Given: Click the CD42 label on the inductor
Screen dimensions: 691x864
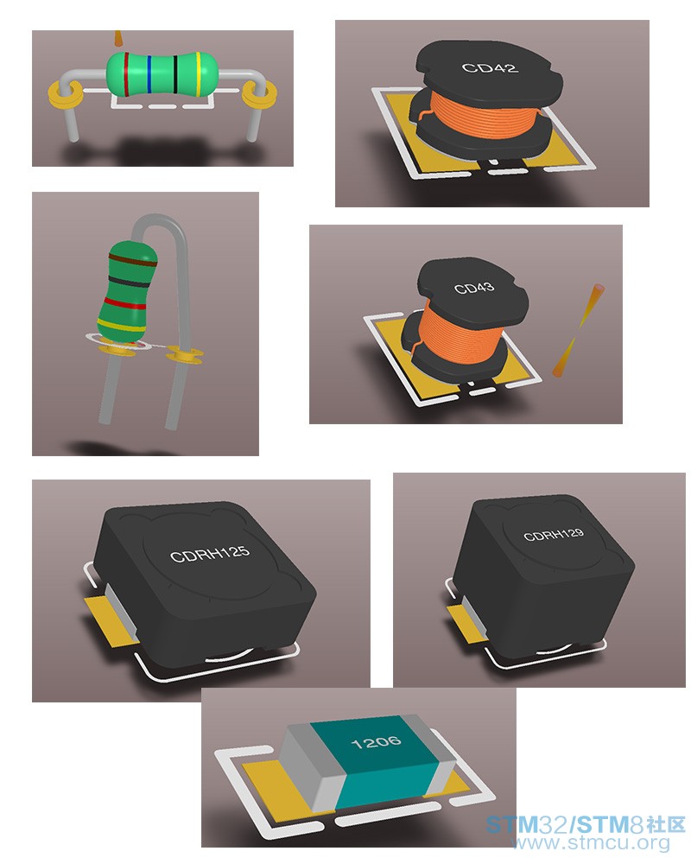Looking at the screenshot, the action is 490,67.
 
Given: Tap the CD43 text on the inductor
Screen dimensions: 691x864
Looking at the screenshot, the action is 474,288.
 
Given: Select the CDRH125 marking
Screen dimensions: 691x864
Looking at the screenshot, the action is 209,553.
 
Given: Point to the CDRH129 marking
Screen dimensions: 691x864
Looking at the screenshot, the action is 554,534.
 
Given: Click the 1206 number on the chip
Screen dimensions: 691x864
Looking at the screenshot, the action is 376,742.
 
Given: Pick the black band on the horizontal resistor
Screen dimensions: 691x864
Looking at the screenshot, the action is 175,74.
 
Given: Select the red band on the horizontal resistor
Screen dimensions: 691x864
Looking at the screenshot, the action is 126,74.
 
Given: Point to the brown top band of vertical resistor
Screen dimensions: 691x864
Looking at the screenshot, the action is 133,260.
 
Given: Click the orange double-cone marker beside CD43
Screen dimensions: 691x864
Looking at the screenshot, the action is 578,331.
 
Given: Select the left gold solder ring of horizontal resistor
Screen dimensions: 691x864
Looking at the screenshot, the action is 66,95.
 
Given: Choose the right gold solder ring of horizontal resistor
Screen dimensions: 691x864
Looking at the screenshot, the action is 259,93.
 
